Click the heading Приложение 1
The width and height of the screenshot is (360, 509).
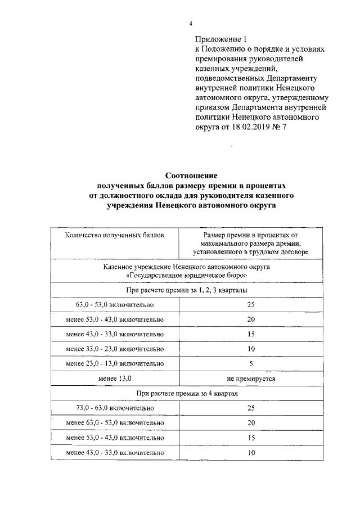click(220, 39)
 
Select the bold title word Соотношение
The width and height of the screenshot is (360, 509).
click(191, 176)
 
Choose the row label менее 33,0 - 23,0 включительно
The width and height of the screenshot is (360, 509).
click(115, 349)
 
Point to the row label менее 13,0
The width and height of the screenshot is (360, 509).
click(115, 379)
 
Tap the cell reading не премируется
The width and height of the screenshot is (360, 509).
click(251, 379)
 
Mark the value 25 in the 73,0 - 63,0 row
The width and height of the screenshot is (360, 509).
click(251, 408)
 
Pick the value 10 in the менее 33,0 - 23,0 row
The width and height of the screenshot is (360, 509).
click(251, 349)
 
